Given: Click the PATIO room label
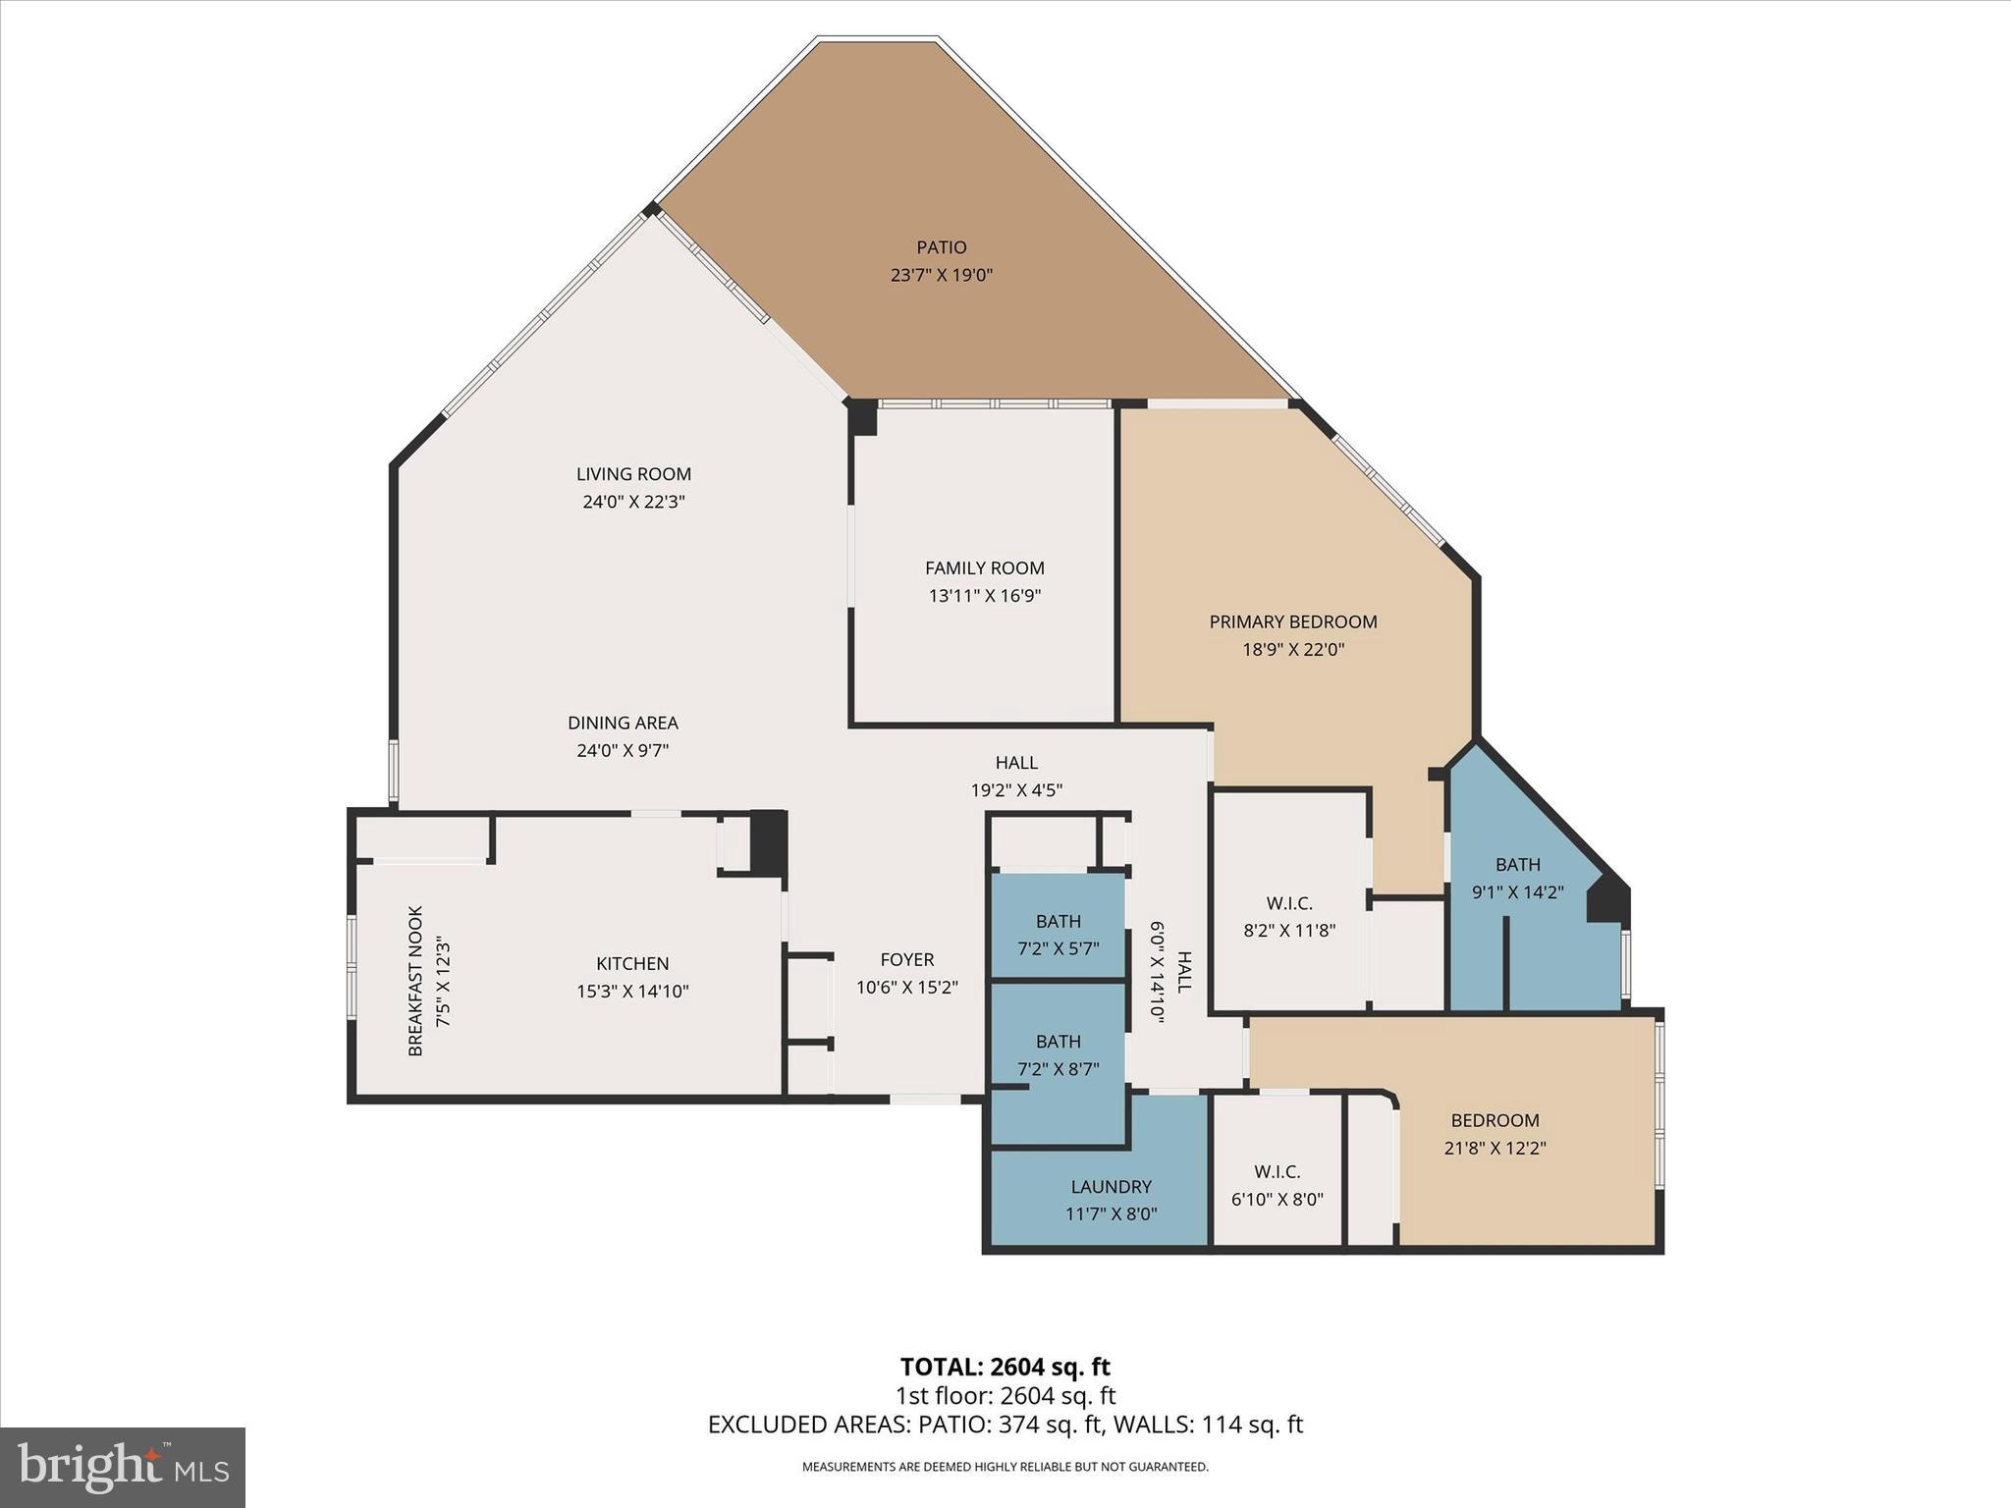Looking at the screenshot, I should click(942, 247).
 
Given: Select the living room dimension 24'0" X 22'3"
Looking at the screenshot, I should click(633, 502).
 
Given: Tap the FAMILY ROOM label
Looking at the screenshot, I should click(984, 567).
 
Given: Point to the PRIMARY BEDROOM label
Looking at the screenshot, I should click(1292, 621).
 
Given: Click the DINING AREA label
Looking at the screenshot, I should click(623, 723).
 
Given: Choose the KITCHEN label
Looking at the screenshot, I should click(632, 964).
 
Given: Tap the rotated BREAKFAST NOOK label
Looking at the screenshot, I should click(415, 981).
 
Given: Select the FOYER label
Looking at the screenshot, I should click(906, 959).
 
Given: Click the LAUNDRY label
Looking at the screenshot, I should click(1111, 1186).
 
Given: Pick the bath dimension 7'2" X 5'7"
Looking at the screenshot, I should click(1058, 948).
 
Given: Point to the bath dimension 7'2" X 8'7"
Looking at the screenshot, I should click(1058, 1068).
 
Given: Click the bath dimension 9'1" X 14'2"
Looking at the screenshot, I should click(1517, 892).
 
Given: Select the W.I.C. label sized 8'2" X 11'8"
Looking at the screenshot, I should click(1288, 902).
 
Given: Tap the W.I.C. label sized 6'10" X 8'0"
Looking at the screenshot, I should click(1277, 1171).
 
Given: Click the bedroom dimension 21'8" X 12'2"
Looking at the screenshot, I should click(1495, 1148).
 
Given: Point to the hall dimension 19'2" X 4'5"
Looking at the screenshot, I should click(1016, 789).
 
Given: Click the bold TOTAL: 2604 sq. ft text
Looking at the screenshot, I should click(1005, 1367).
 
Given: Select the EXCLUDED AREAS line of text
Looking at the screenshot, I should click(1005, 1425).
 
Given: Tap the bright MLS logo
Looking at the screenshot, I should click(123, 1468).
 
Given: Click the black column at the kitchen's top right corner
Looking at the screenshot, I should click(768, 841).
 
